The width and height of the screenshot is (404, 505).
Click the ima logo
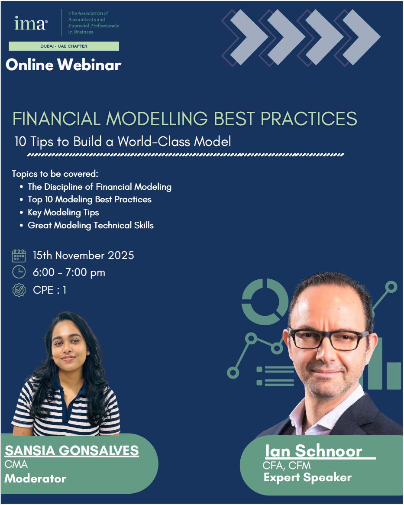click(31, 23)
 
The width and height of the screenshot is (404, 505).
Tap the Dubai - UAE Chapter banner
click(64, 46)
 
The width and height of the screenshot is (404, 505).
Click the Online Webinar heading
click(63, 65)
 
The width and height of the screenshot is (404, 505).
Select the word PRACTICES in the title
click(309, 119)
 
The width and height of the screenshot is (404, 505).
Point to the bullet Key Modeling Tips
click(63, 213)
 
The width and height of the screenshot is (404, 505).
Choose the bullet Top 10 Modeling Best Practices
click(90, 199)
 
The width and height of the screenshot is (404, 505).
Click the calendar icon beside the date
click(19, 256)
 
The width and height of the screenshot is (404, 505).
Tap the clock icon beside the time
click(19, 272)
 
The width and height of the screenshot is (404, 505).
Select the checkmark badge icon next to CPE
click(19, 290)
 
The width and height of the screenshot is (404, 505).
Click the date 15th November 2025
click(84, 256)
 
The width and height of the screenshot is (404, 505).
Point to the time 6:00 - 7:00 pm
click(69, 272)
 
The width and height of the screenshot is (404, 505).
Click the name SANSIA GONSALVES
click(72, 450)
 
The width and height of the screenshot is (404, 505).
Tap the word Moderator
click(35, 479)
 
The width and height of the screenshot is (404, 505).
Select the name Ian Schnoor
click(313, 450)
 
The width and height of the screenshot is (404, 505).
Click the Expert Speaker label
click(307, 477)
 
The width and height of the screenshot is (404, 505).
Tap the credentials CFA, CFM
click(287, 466)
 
